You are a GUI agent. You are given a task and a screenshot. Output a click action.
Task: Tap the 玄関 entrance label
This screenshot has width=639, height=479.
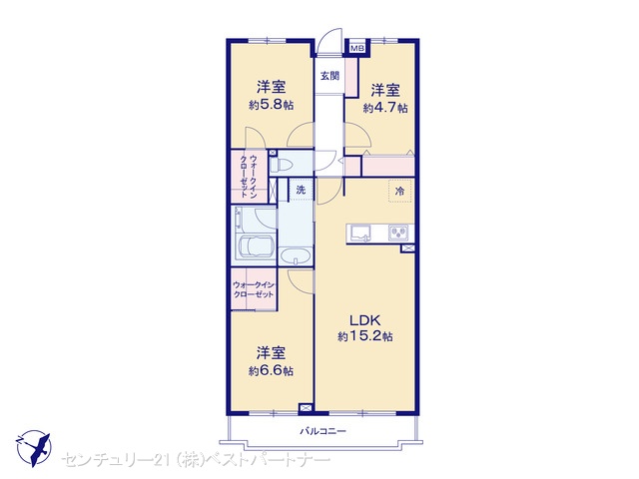point(329,76)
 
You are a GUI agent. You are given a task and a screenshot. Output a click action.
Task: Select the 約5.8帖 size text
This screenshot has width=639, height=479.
point(271,105)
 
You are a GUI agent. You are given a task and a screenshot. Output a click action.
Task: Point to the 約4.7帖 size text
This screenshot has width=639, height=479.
point(385,108)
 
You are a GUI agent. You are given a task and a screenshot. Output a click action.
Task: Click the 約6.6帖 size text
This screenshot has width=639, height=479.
point(271,370)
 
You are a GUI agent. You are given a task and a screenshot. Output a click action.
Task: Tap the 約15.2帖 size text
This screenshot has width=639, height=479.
point(365,336)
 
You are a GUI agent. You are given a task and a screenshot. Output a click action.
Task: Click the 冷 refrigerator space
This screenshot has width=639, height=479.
point(399,191)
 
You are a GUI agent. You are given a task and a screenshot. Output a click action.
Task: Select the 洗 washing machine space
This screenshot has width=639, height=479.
point(301,190)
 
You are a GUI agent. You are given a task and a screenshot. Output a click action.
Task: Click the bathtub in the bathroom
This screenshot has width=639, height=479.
point(256,248)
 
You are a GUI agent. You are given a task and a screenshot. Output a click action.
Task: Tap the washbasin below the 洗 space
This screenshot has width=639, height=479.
point(296,256)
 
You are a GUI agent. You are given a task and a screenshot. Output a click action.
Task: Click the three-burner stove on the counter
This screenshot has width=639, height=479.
point(398,233)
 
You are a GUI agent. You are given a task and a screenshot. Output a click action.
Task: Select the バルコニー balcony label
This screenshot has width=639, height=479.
point(322,430)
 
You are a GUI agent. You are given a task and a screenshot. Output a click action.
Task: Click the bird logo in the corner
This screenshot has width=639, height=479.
point(34,448)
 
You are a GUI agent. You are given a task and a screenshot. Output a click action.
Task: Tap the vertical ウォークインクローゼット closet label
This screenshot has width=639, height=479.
point(249,176)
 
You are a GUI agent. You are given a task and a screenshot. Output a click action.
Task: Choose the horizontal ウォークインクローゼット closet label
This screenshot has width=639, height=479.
point(253,289)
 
